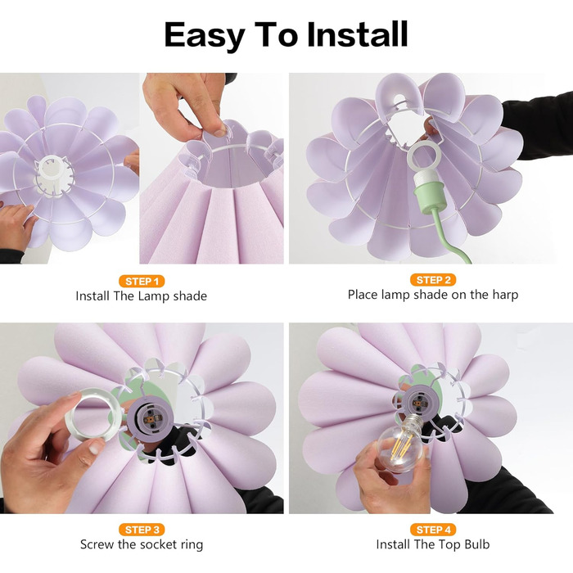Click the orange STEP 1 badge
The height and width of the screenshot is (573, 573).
coord(142,281)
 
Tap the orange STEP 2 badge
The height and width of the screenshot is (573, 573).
coord(433,280)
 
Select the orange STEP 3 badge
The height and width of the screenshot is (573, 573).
coord(142,530)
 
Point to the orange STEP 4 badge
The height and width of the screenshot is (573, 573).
coord(433,530)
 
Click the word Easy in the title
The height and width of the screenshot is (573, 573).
coord(205,35)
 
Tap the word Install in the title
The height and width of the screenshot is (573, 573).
coord(357,34)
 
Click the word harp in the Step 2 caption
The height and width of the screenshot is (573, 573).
coord(505,295)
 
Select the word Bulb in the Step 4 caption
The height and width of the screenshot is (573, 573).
coord(477,544)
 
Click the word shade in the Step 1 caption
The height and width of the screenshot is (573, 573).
coord(190,296)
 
